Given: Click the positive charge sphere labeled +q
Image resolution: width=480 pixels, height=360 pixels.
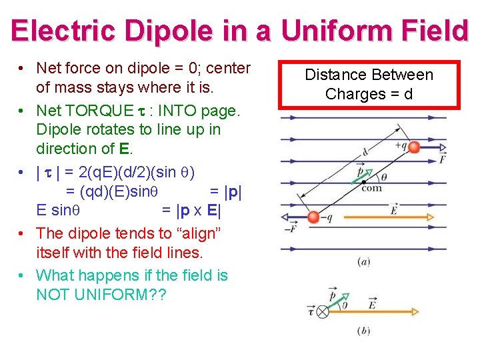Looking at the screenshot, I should [414, 147].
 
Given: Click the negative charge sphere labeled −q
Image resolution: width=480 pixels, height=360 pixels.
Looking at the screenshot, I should [313, 216].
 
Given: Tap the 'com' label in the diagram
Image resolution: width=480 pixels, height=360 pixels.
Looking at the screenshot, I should [371, 188].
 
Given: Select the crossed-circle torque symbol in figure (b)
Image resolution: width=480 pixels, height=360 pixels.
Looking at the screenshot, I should [323, 311].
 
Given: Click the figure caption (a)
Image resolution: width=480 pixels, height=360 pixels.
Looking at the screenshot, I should [363, 261].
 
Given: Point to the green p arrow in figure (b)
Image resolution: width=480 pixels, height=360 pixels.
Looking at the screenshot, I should [338, 301].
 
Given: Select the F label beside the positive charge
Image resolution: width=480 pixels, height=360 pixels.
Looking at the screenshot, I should [443, 159].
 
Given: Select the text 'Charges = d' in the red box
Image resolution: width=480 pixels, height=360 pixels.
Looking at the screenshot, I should [369, 94].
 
